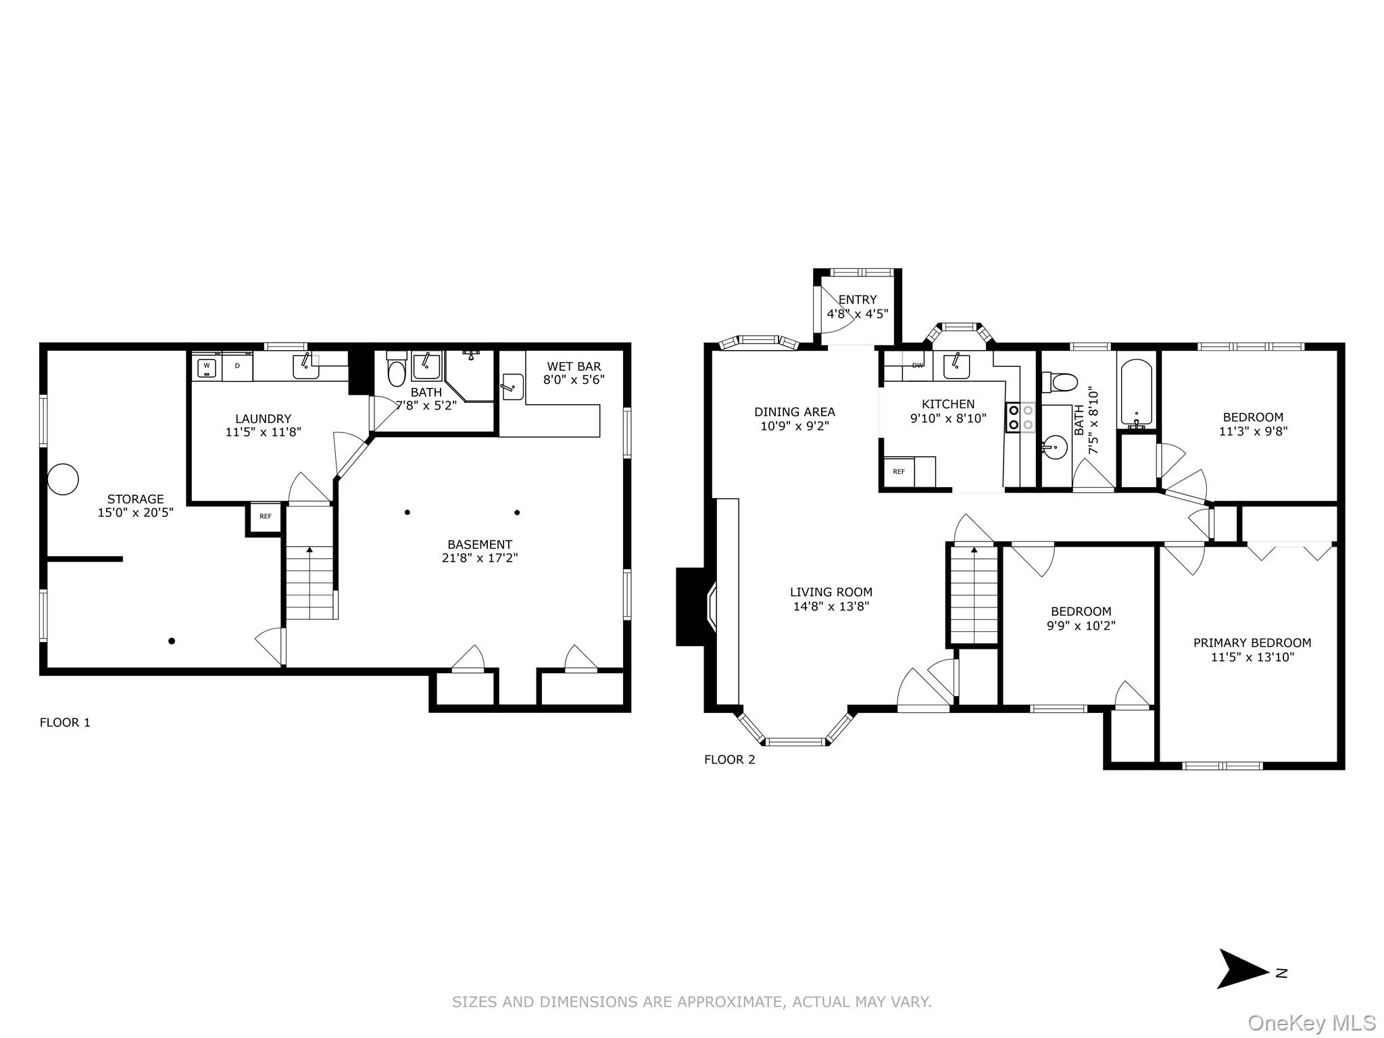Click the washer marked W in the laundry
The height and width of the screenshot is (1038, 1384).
pyautogui.click(x=206, y=368)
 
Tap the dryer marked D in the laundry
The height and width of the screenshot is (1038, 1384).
pyautogui.click(x=237, y=366)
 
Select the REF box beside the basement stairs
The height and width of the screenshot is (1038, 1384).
pyautogui.click(x=266, y=516)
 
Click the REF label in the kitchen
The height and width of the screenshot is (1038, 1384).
pyautogui.click(x=899, y=472)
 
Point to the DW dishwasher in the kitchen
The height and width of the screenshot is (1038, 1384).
pyautogui.click(x=917, y=366)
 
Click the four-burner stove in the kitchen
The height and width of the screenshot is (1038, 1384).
pyautogui.click(x=1020, y=417)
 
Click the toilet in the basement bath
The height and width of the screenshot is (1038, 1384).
pyautogui.click(x=397, y=372)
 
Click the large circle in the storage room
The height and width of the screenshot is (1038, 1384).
pyautogui.click(x=63, y=479)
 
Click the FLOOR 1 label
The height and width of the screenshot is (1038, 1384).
pyautogui.click(x=65, y=722)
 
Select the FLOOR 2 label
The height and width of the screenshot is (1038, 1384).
pyautogui.click(x=729, y=760)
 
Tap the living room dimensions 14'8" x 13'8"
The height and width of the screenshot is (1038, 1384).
pyautogui.click(x=831, y=607)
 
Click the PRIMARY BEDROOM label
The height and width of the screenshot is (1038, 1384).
pyautogui.click(x=1252, y=643)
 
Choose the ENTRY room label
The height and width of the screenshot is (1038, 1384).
pyautogui.click(x=857, y=299)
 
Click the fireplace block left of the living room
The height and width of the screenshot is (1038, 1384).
pyautogui.click(x=690, y=606)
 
